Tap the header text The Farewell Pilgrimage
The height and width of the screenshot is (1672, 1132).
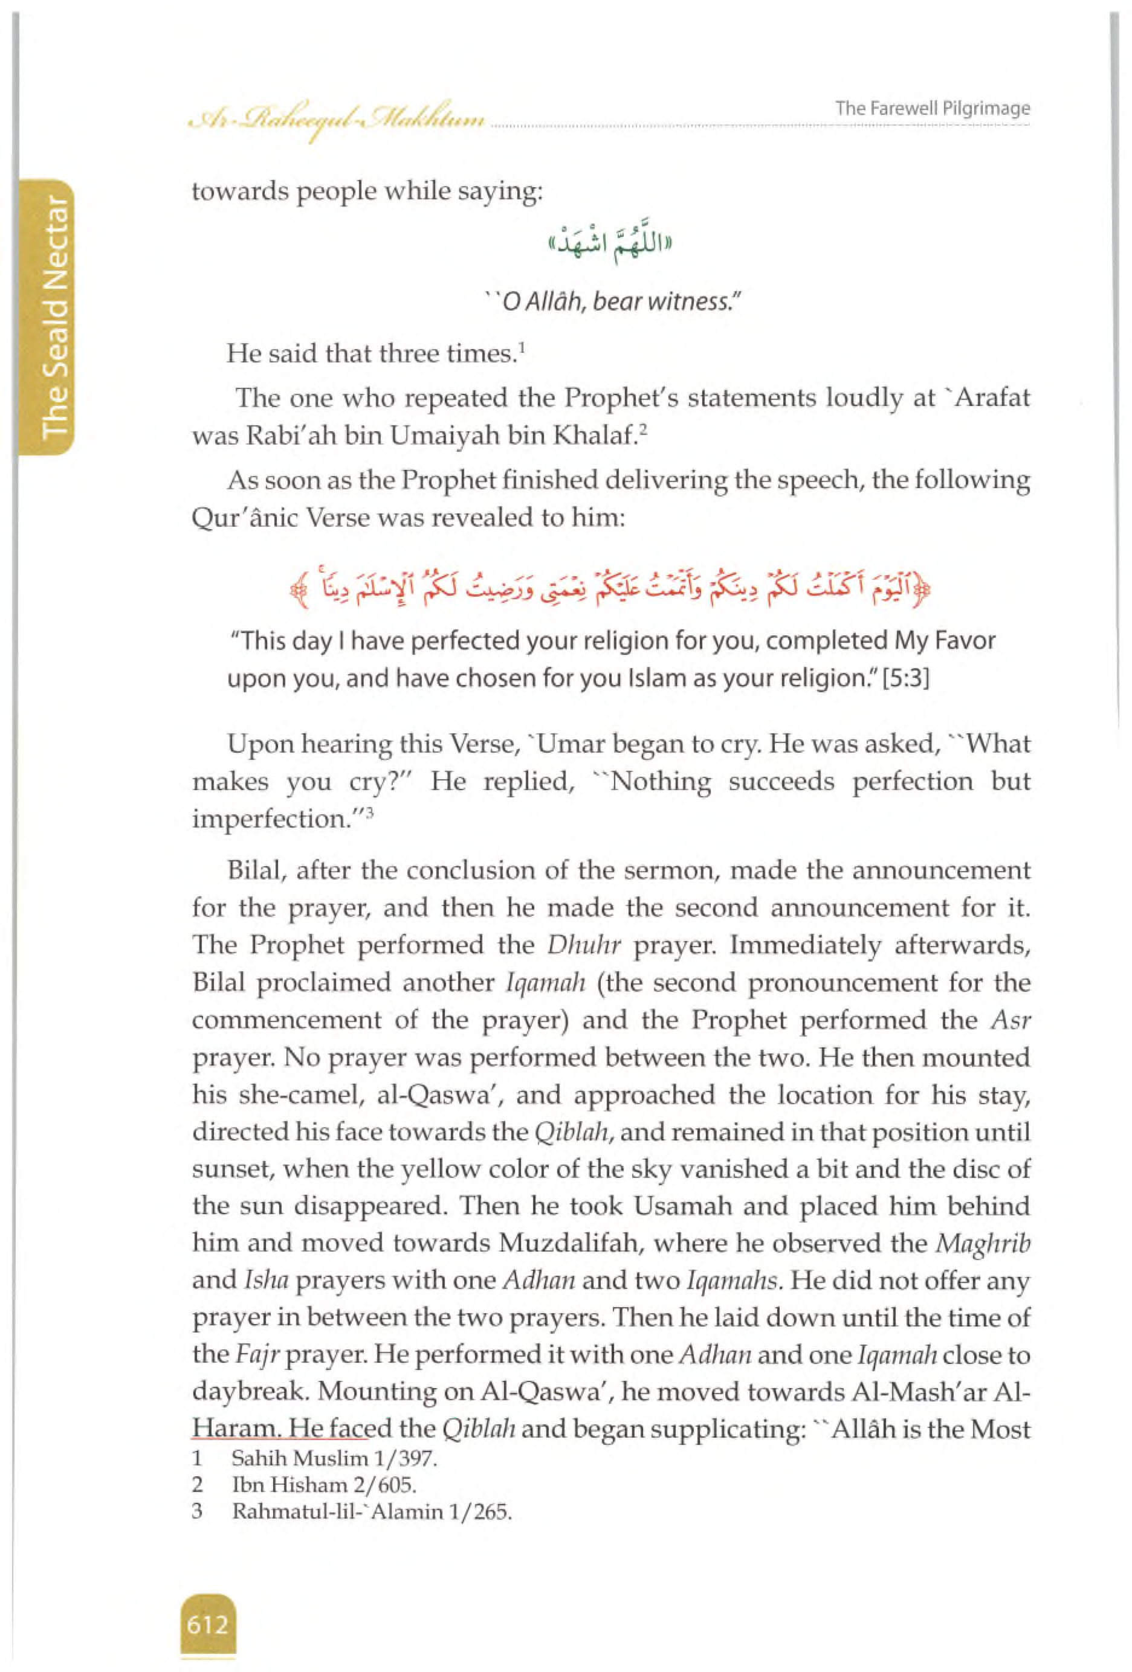tap(932, 109)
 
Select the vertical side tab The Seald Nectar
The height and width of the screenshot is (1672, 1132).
tap(54, 317)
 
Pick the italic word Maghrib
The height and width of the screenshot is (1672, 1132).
tap(982, 1243)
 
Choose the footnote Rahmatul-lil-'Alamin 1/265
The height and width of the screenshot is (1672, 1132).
tap(371, 1511)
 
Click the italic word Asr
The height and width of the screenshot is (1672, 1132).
tap(1011, 1020)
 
